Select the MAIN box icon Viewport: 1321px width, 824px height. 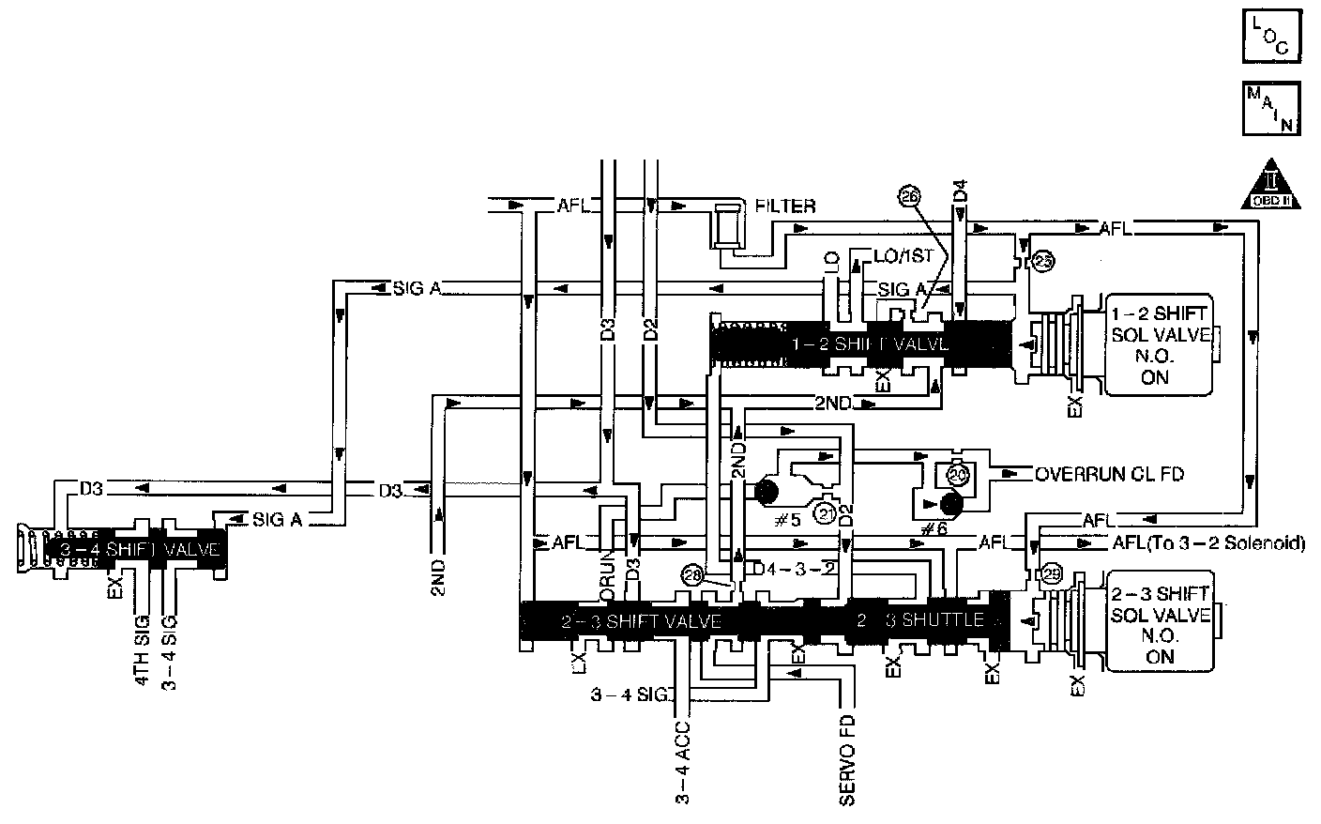(1272, 110)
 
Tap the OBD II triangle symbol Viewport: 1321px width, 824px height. (1272, 183)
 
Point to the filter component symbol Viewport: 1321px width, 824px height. (726, 225)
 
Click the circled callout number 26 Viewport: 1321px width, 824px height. (909, 196)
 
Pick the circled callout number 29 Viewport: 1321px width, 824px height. (1050, 572)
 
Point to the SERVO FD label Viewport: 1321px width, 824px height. (846, 762)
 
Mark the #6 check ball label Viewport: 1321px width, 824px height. (934, 528)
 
